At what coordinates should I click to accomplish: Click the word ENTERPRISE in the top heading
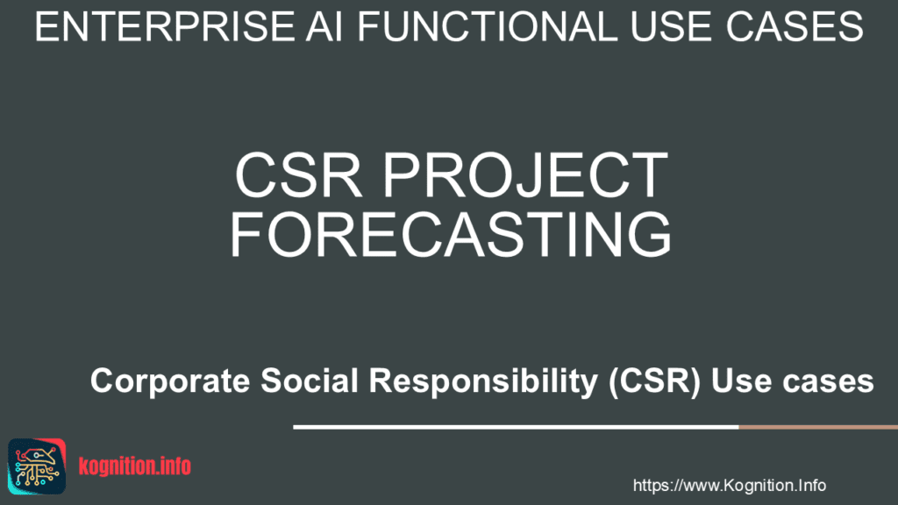164,26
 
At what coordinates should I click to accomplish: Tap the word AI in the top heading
324,26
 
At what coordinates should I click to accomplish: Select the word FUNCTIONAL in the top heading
488,26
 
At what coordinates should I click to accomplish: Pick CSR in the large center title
298,174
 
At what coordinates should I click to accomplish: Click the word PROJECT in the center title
525,174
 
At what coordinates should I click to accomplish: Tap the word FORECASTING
451,233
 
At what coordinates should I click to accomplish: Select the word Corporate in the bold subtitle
170,381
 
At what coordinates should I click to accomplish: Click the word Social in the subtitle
310,381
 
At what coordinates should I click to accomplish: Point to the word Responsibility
483,381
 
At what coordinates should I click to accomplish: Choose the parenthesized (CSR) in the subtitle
654,381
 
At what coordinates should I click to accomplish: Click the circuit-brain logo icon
37,466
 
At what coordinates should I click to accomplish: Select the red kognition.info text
134,466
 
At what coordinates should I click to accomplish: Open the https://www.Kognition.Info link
729,486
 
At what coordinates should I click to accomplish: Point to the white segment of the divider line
516,427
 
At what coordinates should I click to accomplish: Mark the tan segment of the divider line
818,427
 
